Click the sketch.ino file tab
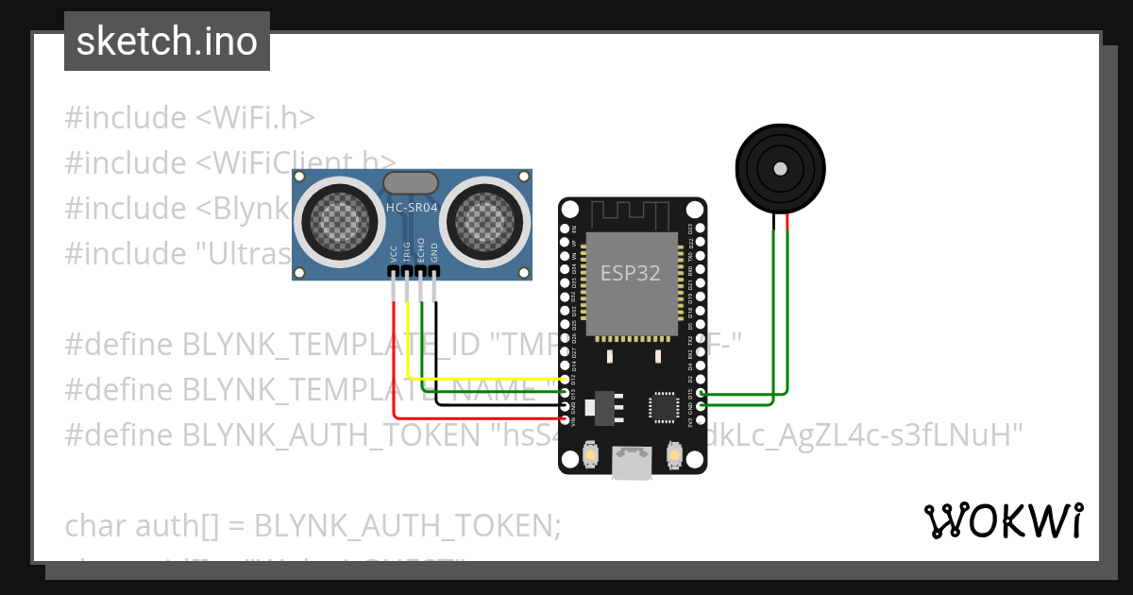click(x=166, y=42)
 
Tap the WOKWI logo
click(x=1002, y=520)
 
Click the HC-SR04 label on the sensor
click(x=412, y=208)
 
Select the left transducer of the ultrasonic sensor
click(x=338, y=220)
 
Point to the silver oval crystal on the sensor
click(x=411, y=182)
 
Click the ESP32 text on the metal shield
click(x=631, y=273)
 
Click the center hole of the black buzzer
click(x=780, y=169)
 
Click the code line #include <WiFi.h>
click(x=189, y=118)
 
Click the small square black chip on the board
click(x=663, y=407)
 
